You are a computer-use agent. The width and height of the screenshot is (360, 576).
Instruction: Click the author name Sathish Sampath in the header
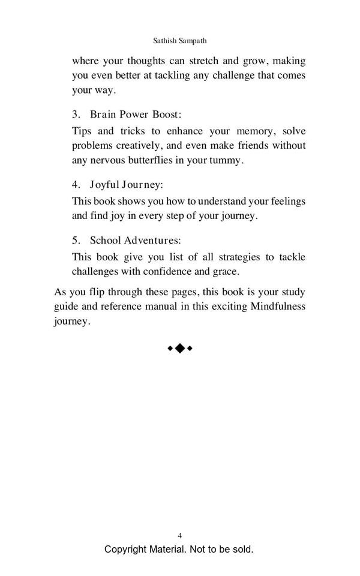pyautogui.click(x=180, y=41)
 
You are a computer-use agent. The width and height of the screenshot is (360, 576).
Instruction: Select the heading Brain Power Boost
pyautogui.click(x=136, y=114)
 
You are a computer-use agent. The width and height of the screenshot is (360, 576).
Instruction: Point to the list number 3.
pyautogui.click(x=76, y=114)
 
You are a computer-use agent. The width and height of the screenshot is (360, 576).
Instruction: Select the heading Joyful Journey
pyautogui.click(x=127, y=184)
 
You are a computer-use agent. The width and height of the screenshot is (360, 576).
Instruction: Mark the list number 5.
pyautogui.click(x=76, y=240)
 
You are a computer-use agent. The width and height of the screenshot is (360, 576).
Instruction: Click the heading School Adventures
pyautogui.click(x=135, y=240)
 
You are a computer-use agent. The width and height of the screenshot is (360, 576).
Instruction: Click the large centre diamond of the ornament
pyautogui.click(x=179, y=348)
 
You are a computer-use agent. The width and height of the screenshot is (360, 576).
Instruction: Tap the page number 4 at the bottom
pyautogui.click(x=180, y=535)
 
